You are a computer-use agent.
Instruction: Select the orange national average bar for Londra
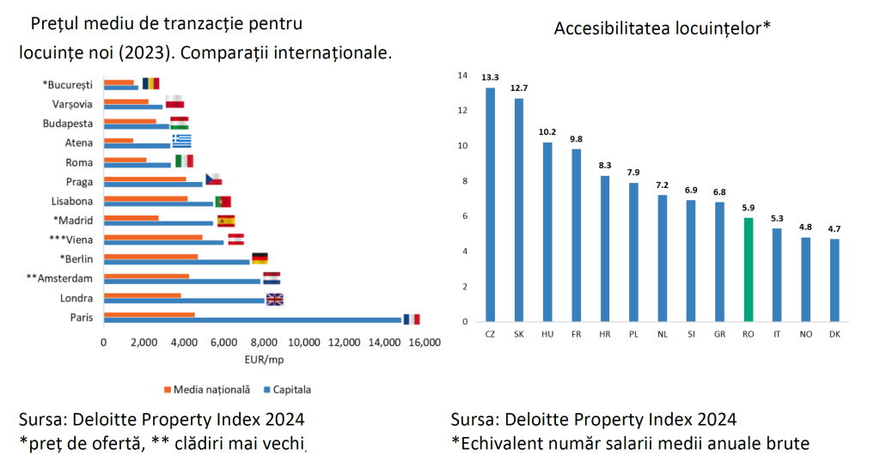142,295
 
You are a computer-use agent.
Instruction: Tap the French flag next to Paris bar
411,318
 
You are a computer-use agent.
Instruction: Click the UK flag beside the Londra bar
275,299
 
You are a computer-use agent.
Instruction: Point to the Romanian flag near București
151,83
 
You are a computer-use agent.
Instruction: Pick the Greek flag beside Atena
181,142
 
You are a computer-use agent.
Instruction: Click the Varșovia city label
73,104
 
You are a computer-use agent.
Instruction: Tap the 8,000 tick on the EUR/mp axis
263,343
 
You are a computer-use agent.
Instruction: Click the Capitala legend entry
289,390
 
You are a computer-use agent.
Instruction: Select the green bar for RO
749,270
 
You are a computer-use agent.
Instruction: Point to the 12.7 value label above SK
519,88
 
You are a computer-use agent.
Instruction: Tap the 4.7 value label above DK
834,229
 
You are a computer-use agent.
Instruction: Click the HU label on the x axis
547,333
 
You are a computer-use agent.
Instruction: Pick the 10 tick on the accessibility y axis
463,146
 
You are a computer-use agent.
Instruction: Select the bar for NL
662,258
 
